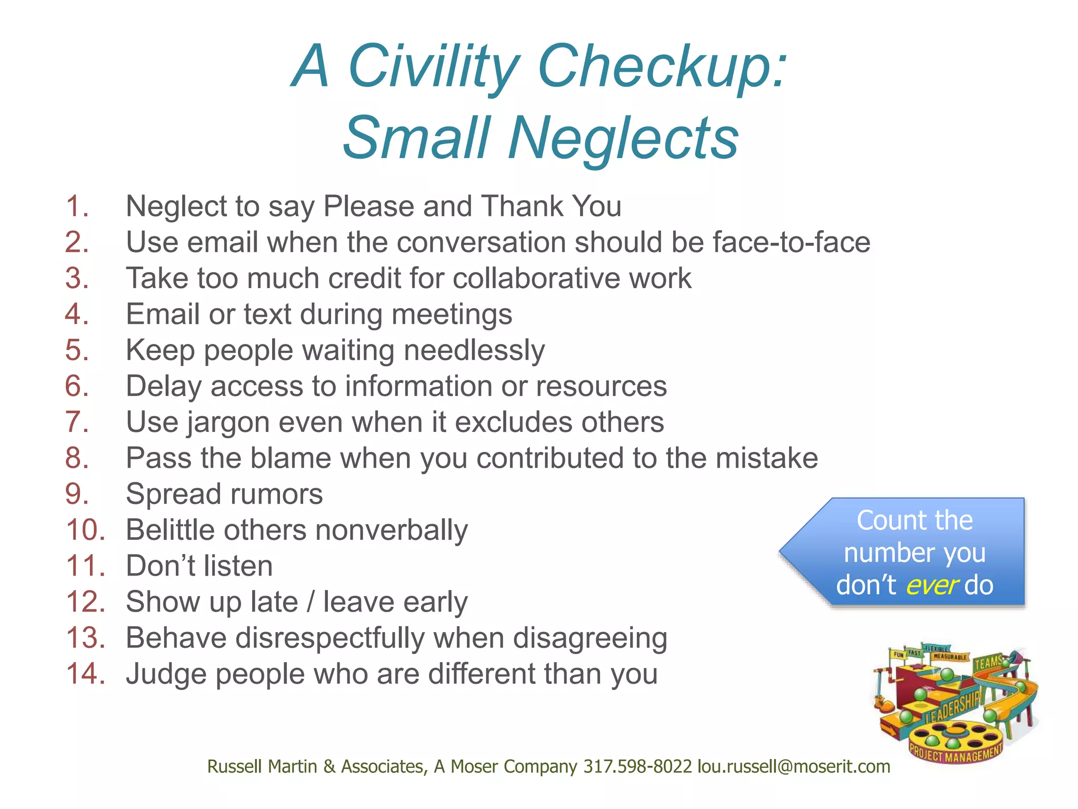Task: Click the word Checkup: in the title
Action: (662, 67)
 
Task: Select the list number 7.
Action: (77, 422)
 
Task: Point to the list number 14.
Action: (85, 674)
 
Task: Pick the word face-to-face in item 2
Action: (791, 242)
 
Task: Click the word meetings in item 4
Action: (452, 314)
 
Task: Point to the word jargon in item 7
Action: (227, 423)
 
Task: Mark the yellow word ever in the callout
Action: (932, 585)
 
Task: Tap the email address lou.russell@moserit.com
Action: (793, 766)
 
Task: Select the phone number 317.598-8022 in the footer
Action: (637, 766)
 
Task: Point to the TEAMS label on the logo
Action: (988, 663)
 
